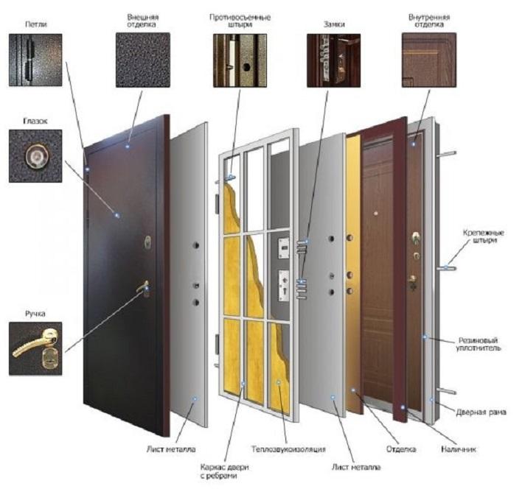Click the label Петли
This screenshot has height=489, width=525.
coord(36,24)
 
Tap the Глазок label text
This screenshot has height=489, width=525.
coord(35,121)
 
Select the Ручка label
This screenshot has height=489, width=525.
coord(35,314)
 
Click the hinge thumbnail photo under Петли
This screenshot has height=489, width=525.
coord(35,60)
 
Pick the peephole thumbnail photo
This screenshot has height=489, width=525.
coord(35,156)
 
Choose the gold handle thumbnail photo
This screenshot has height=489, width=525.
coord(35,348)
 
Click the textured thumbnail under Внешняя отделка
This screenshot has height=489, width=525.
coord(143,60)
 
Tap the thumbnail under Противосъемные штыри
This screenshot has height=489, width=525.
coord(240,60)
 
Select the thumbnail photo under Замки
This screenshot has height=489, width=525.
coord(334,60)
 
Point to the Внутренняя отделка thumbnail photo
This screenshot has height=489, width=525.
coord(429,60)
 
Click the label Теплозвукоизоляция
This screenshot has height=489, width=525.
coord(288,448)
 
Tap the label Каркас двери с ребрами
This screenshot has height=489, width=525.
coord(225,471)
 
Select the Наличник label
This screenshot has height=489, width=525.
coord(459,449)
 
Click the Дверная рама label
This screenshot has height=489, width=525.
coord(481,412)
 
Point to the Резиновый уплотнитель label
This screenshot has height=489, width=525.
coord(478,344)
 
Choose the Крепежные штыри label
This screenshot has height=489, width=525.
coord(484,236)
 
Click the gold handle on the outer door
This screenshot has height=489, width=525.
coord(143,288)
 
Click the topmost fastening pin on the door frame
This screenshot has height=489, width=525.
coord(447,154)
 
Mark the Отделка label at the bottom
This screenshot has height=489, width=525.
coord(401,448)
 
